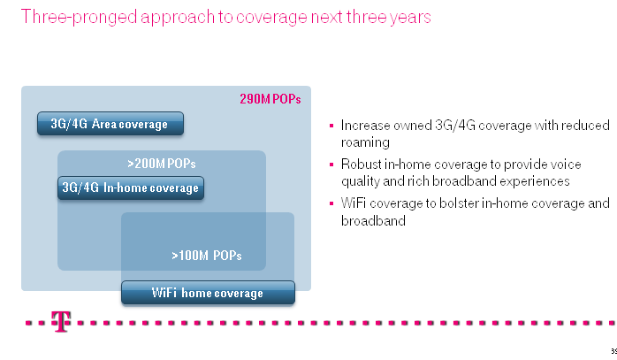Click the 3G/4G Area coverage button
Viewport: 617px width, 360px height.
110,124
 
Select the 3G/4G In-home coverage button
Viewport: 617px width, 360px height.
131,188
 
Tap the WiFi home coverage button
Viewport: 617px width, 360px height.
208,293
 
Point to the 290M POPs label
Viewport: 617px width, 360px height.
270,99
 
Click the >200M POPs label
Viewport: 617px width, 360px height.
162,164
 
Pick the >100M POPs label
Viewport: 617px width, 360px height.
207,256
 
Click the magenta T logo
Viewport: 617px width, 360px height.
61,322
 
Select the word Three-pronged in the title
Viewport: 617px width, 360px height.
79,18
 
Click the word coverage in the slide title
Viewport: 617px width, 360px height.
271,18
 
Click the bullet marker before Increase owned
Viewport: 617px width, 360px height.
331,126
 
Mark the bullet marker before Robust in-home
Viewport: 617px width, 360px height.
331,165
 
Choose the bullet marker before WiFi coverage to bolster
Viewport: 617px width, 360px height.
331,203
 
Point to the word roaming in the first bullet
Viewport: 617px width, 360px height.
365,142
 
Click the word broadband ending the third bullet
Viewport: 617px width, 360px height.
373,220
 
